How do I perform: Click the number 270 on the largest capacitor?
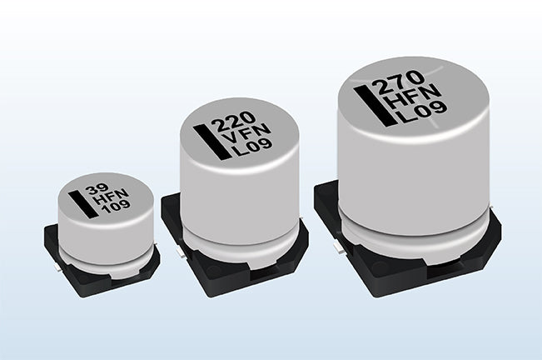[x=400, y=82]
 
